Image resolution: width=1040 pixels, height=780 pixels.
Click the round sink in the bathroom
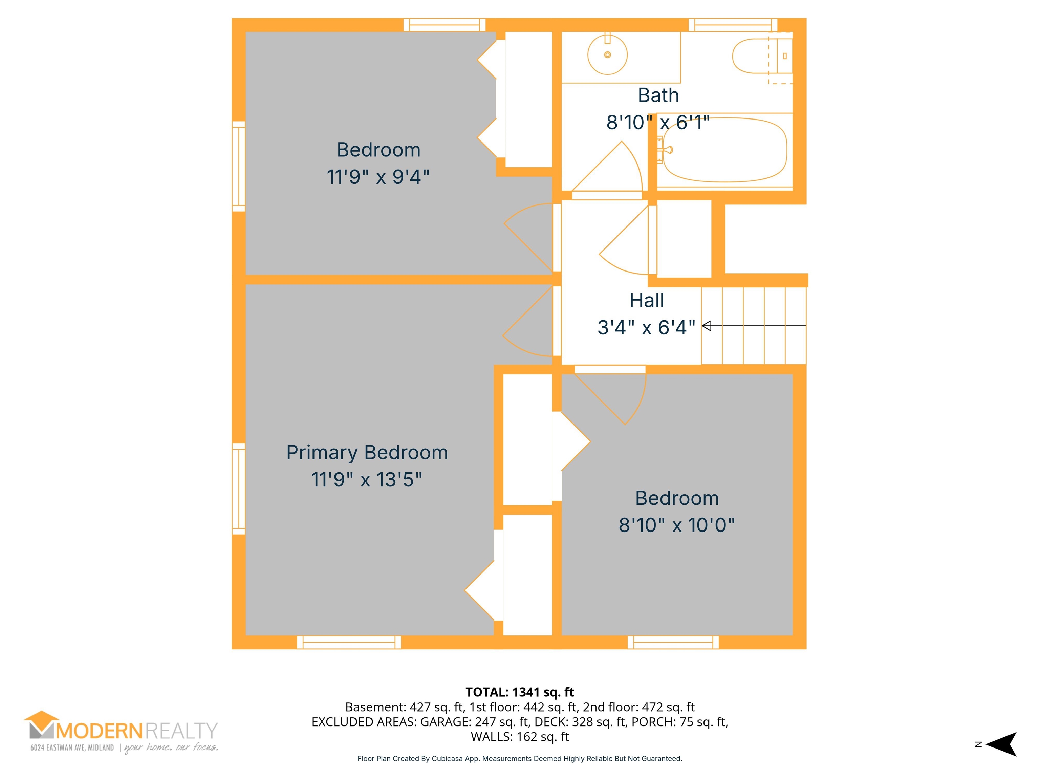(x=607, y=55)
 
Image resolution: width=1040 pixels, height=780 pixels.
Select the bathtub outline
(x=724, y=150)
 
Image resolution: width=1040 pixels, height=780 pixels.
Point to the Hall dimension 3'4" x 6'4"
(x=646, y=328)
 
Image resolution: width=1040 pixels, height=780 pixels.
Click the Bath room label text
(x=658, y=95)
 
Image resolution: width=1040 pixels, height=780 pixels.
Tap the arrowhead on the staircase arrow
(x=706, y=325)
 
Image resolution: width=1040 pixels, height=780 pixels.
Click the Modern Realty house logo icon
(x=42, y=724)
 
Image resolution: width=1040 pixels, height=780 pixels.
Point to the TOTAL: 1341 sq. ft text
(x=520, y=692)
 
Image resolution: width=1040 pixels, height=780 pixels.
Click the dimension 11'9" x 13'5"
(x=367, y=480)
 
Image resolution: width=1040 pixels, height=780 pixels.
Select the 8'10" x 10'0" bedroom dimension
(x=676, y=525)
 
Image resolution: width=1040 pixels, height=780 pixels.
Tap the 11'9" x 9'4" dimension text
(x=378, y=177)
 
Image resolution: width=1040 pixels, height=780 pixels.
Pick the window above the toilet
(x=733, y=25)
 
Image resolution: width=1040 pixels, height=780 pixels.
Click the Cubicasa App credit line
(x=520, y=758)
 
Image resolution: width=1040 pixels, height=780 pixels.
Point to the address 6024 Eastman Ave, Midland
(x=72, y=747)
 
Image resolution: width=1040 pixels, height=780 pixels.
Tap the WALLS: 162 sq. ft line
(x=520, y=737)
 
